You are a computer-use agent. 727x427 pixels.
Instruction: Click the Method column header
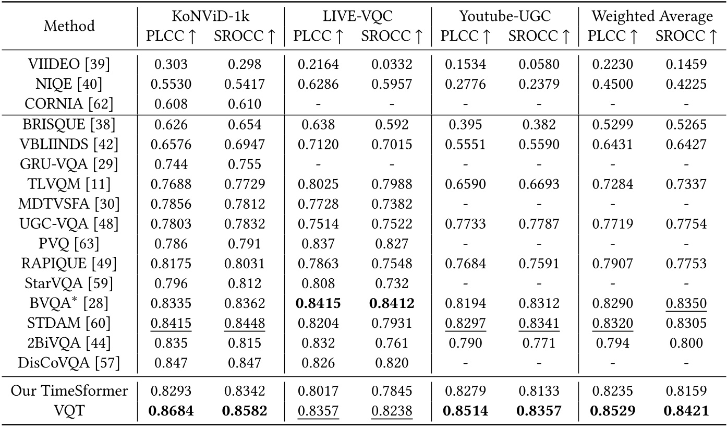(x=69, y=26)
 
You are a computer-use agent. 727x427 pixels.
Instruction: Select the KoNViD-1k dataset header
(x=211, y=16)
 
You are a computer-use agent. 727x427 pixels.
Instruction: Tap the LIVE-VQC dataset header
(x=358, y=16)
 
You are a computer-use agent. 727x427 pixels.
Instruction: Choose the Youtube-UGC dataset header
(x=505, y=16)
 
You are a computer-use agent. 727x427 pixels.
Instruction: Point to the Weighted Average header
(x=652, y=16)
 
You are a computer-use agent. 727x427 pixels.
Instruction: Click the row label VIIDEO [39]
(x=69, y=64)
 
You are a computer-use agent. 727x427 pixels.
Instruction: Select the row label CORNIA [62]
(x=69, y=104)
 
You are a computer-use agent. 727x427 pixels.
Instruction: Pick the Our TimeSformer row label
(x=69, y=391)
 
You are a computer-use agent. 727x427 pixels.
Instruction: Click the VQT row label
(x=69, y=411)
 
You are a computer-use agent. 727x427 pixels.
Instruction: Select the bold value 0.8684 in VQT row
(x=171, y=411)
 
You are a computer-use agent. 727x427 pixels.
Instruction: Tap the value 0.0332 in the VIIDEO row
(x=392, y=64)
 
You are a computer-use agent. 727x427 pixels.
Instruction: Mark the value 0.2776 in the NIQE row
(x=465, y=84)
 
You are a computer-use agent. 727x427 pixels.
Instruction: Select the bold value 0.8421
(x=686, y=411)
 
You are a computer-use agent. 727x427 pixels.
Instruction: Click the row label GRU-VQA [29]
(x=69, y=164)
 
